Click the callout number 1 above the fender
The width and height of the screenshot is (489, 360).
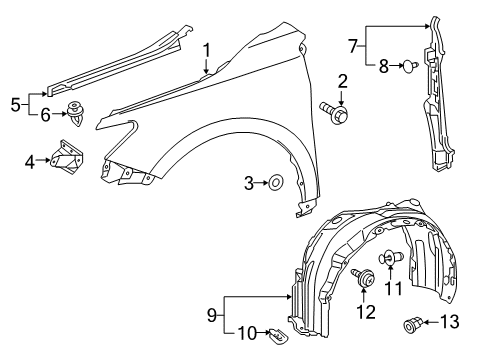tap(207, 50)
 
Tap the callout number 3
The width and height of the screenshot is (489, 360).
tap(250, 182)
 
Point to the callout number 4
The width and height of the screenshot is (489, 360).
tap(30, 159)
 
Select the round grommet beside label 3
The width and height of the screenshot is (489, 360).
tap(275, 182)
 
